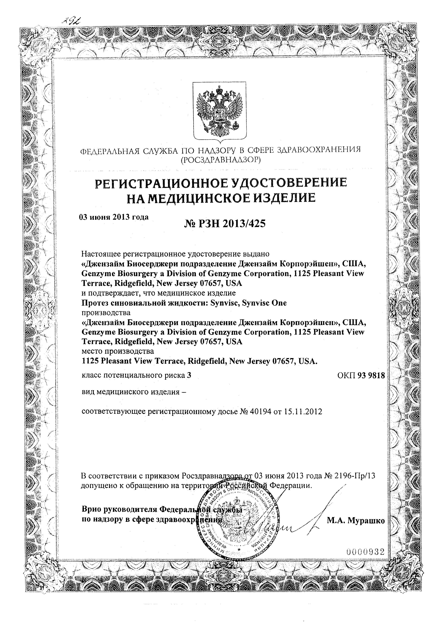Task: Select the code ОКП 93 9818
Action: coord(361,375)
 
